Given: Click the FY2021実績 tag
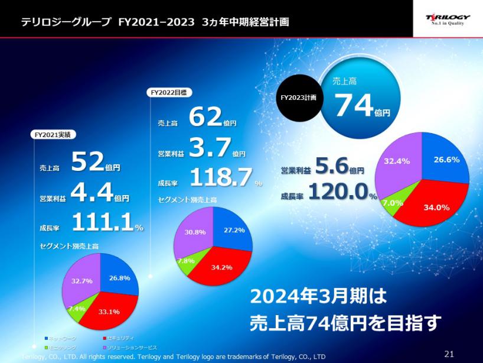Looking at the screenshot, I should point(53,134).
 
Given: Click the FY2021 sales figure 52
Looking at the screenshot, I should point(87,161).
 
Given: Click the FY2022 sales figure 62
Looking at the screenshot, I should point(205,118).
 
